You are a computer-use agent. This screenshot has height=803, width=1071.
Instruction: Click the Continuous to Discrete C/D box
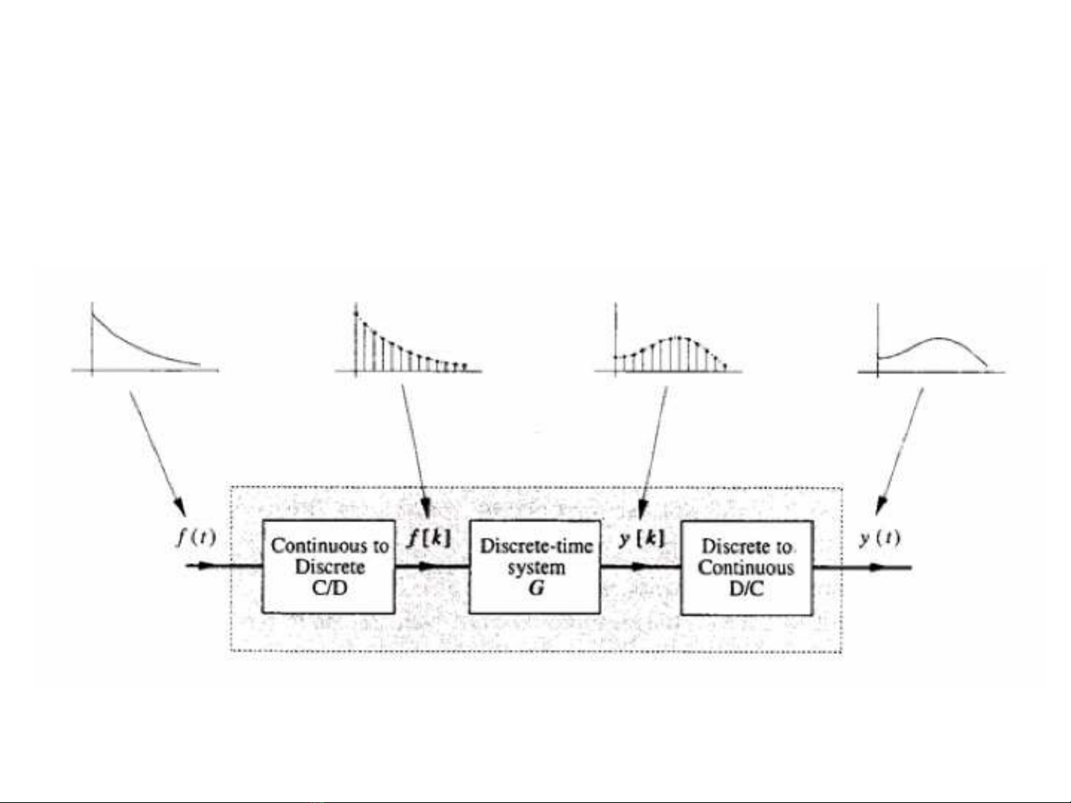(329, 567)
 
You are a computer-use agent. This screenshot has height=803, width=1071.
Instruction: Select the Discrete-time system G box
(535, 567)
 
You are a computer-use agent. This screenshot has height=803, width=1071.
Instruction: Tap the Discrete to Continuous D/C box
(747, 567)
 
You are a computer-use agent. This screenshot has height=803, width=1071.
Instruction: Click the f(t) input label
(196, 537)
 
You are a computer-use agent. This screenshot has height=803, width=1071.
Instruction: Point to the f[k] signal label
(429, 538)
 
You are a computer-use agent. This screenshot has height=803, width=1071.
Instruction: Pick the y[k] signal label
(642, 538)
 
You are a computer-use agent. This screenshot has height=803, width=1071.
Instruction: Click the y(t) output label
(879, 538)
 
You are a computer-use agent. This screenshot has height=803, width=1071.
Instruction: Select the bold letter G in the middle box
(536, 588)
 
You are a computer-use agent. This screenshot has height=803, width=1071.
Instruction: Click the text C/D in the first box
(329, 588)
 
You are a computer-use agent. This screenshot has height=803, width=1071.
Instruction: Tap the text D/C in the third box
(747, 589)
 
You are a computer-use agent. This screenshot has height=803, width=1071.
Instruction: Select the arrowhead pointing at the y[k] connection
(642, 510)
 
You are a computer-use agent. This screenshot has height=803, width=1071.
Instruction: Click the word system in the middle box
(536, 567)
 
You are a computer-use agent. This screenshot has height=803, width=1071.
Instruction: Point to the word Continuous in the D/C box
(746, 568)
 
